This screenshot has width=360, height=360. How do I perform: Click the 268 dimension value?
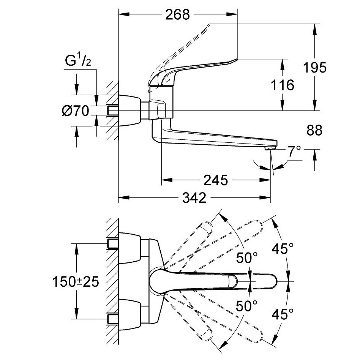[x=178, y=15]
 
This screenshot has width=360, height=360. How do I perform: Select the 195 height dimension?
[x=315, y=68]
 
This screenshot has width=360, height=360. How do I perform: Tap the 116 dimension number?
[x=283, y=85]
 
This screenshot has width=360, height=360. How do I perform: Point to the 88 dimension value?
[x=314, y=130]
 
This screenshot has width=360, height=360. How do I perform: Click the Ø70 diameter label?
[x=75, y=111]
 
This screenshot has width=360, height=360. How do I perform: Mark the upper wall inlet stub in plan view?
[x=113, y=242]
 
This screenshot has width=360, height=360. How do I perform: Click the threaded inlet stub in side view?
[x=112, y=111]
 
